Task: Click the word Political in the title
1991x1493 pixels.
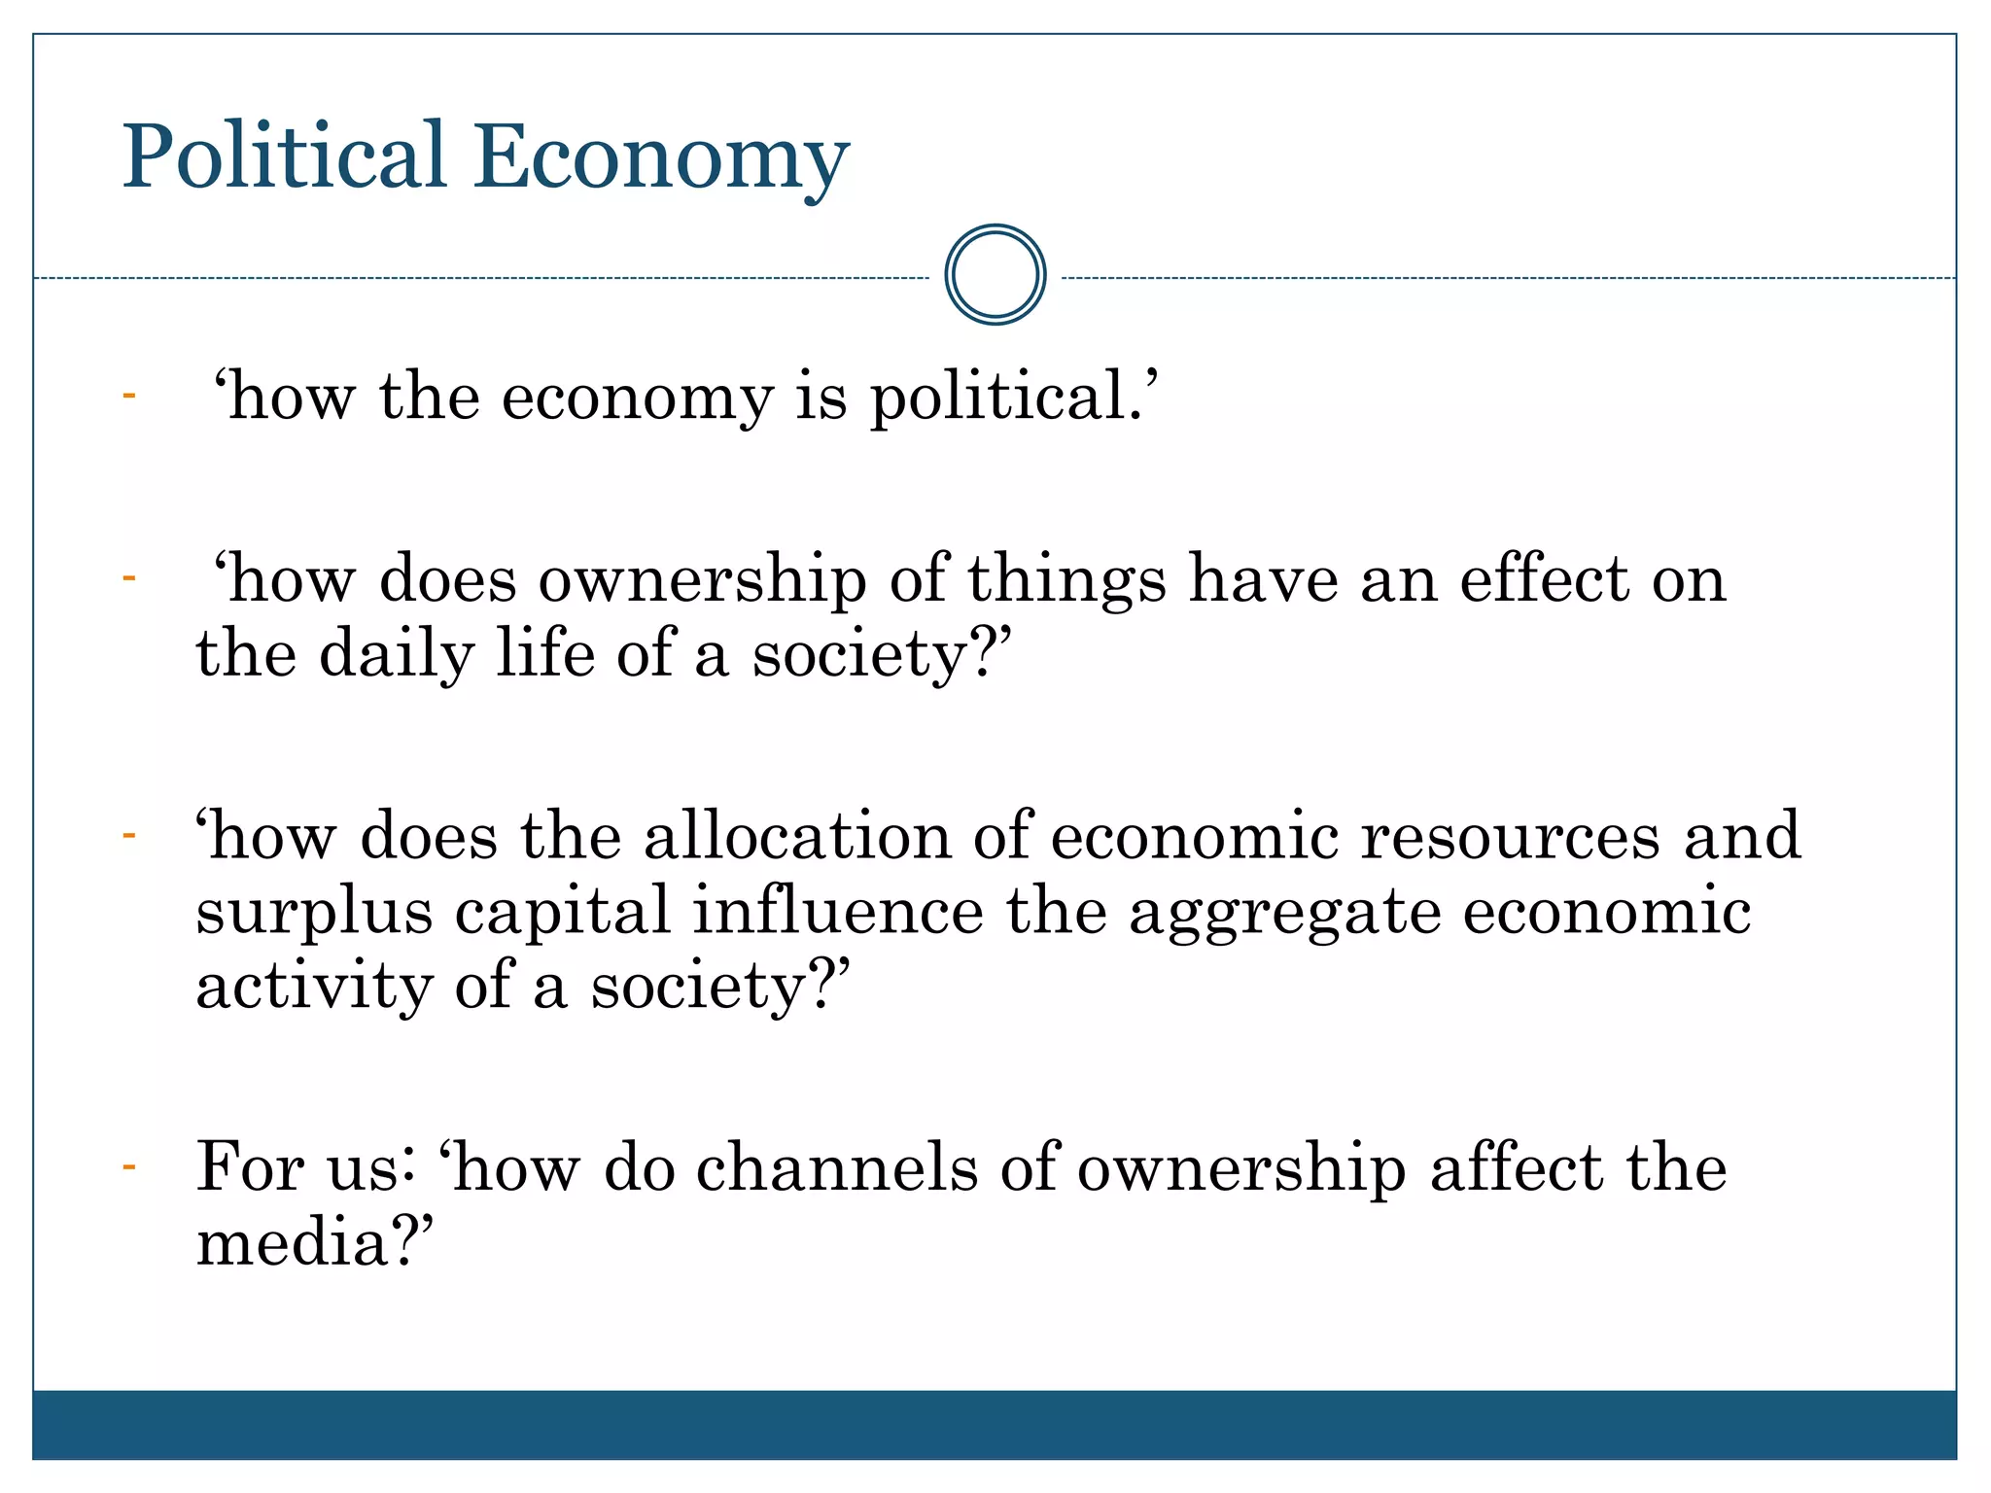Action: pyautogui.click(x=283, y=157)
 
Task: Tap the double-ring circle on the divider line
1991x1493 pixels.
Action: pyautogui.click(x=995, y=275)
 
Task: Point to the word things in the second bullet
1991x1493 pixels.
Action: pyautogui.click(x=1066, y=580)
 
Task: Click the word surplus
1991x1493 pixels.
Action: pyautogui.click(x=314, y=914)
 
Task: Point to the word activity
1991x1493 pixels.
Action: pyautogui.click(x=313, y=989)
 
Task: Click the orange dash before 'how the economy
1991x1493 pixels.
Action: pyautogui.click(x=128, y=396)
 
